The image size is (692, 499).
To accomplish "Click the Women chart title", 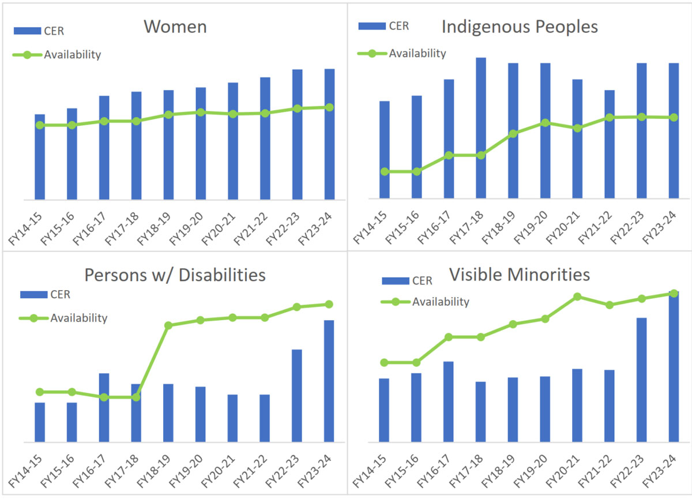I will pos(175,27).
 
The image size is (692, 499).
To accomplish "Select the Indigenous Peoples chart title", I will pos(519,27).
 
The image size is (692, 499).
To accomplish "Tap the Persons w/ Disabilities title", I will pos(175,275).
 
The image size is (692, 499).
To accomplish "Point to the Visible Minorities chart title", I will pos(519,275).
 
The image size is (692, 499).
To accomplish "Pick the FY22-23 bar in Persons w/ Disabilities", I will pos(297,396).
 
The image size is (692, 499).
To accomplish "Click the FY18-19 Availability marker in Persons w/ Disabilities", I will pos(168,325).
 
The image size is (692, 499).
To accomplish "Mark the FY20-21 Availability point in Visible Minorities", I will pos(577,297).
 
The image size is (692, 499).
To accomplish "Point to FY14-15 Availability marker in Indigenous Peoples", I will pos(385,171).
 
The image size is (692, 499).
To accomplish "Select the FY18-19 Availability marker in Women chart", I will pos(168,114).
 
